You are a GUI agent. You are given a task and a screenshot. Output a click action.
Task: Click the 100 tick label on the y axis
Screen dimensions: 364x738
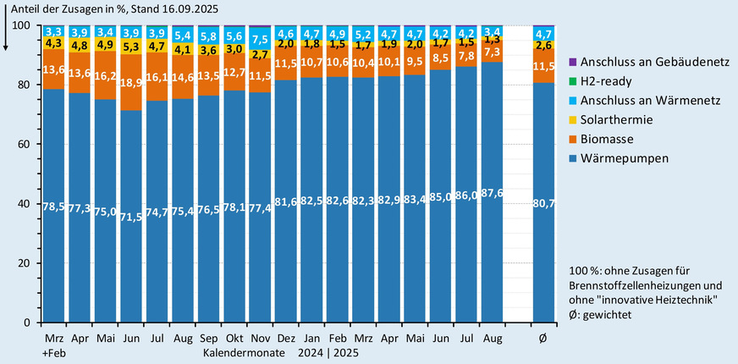[20, 25]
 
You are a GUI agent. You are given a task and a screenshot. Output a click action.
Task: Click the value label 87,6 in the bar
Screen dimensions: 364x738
[493, 204]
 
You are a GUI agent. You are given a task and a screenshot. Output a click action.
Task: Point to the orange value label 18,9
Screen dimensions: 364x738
[132, 82]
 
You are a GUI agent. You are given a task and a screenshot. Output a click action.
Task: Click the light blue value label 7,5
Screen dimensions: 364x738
[261, 39]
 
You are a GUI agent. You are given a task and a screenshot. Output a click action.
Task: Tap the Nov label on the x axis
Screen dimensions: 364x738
[261, 338]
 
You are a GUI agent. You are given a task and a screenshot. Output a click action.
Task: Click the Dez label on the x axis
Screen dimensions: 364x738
[286, 338]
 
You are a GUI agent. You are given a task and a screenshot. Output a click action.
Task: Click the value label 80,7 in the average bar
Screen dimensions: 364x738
[544, 204]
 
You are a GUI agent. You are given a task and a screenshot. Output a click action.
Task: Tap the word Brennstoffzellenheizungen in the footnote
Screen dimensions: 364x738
[637, 285]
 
